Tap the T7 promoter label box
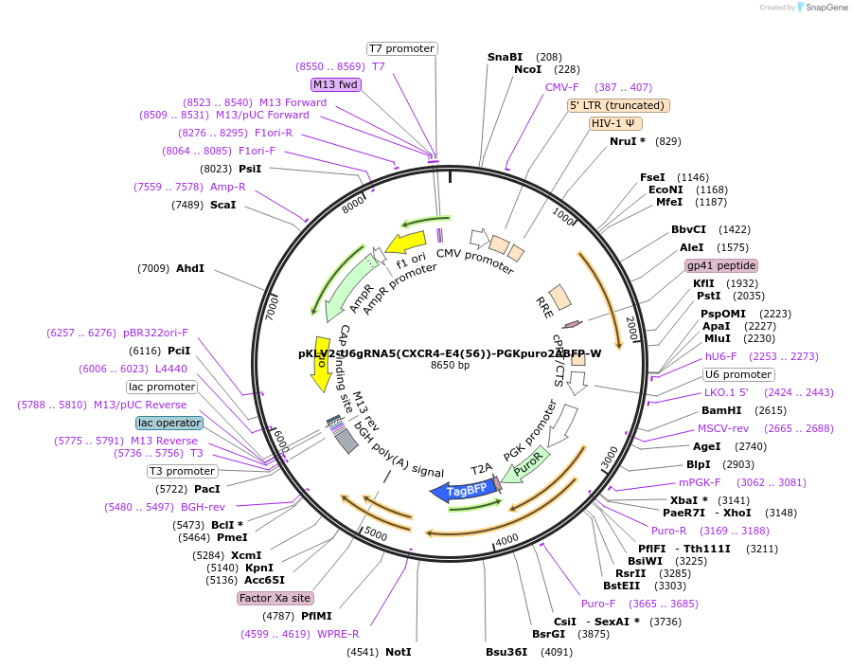[401, 48]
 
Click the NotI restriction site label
[399, 652]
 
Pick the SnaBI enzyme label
[505, 57]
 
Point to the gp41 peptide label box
[720, 265]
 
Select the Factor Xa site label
[275, 598]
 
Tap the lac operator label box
[169, 423]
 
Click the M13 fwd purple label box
[336, 84]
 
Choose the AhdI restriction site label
[190, 268]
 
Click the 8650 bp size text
[450, 366]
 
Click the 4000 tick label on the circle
[507, 539]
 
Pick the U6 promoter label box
[738, 374]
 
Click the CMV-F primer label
[561, 87]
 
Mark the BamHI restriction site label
[720, 410]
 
